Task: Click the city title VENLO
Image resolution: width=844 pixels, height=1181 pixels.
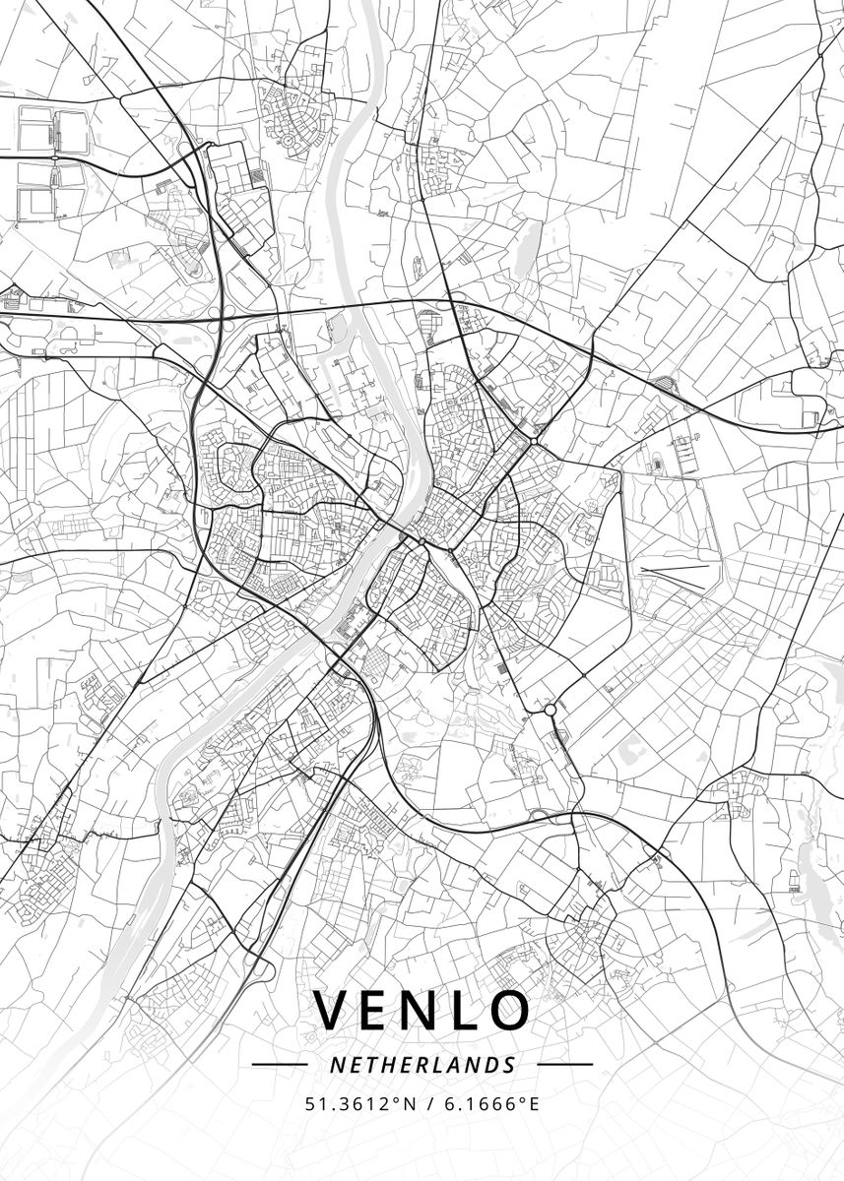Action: tap(422, 1010)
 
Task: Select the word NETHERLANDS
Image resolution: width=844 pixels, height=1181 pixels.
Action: tap(422, 1065)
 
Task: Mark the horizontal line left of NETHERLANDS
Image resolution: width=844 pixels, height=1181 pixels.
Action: tap(280, 1064)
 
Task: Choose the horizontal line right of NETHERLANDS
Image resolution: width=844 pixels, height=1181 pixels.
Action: tap(564, 1064)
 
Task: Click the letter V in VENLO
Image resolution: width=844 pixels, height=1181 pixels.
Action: tap(332, 1010)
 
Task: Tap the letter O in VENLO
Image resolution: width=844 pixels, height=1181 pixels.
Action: tap(508, 1010)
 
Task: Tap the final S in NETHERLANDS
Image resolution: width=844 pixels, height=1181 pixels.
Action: tap(510, 1065)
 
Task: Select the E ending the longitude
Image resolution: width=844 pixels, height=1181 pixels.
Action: tap(535, 1103)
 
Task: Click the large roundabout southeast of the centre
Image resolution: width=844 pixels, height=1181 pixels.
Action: tap(550, 709)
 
